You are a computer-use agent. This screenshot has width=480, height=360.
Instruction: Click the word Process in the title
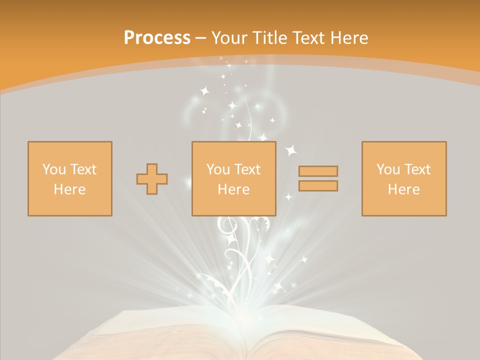point(157,38)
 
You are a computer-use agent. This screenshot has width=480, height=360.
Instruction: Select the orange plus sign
point(152,178)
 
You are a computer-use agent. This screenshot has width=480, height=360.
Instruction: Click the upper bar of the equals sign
point(318,171)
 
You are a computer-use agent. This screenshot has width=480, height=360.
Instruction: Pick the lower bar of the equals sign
point(318,185)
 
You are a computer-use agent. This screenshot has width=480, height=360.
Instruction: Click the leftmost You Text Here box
point(70,178)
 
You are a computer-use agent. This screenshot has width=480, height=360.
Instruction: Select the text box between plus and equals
point(233,178)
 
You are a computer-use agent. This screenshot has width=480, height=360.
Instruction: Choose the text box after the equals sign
point(404,178)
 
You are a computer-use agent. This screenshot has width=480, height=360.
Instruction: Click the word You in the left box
point(53,169)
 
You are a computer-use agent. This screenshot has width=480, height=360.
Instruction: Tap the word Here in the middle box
point(233,189)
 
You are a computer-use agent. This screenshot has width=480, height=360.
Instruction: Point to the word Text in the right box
point(417,169)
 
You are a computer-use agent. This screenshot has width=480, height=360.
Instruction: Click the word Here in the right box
point(404,189)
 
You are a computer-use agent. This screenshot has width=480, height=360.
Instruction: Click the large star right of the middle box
point(291,149)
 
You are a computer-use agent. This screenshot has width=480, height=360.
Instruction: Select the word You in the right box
point(387,169)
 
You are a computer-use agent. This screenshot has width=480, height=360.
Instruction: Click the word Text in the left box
point(83,169)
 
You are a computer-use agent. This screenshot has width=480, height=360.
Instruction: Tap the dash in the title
point(201,38)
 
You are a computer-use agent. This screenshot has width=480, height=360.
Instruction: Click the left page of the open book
point(165,335)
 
